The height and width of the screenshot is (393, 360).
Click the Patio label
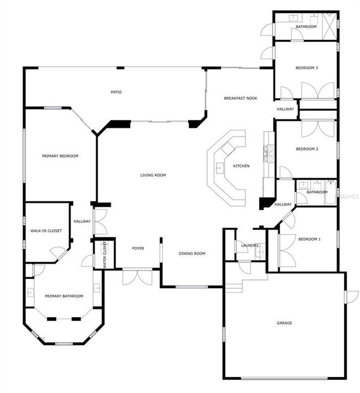click(x=116, y=92)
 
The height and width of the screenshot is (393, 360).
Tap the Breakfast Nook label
click(x=241, y=98)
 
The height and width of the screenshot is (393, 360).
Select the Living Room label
click(x=153, y=175)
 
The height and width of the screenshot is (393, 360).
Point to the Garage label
click(x=284, y=323)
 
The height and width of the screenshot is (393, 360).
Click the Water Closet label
click(x=105, y=255)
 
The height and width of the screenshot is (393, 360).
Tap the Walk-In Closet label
click(x=46, y=231)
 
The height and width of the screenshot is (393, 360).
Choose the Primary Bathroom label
click(x=64, y=296)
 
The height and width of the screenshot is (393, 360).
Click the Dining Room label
click(x=192, y=254)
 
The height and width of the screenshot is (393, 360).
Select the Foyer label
click(x=138, y=248)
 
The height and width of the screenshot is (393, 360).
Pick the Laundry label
click(x=249, y=246)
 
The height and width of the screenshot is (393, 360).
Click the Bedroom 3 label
click(x=307, y=68)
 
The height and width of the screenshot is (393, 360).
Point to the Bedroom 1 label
click(x=309, y=239)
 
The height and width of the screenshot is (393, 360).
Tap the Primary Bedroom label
click(x=60, y=156)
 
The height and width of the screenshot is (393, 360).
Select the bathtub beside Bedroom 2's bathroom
click(x=331, y=193)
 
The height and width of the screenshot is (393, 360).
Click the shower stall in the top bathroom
click(x=329, y=26)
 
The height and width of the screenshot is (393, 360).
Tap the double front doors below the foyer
click(x=137, y=277)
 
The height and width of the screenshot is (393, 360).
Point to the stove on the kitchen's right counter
click(x=268, y=153)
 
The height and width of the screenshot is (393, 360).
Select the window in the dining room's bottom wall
click(x=191, y=287)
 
